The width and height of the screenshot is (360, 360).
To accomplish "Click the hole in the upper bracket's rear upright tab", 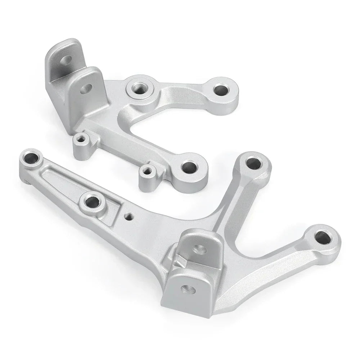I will pos(66,60).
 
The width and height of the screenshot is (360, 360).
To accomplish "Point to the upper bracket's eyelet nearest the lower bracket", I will pos(189,167).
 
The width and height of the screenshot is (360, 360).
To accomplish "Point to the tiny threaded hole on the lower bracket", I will pos(129,216).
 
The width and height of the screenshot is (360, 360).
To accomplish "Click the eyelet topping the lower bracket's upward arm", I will pos(254,163).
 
